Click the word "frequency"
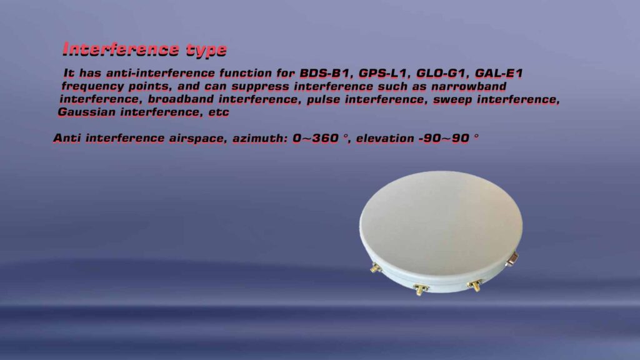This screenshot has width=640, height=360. (x=89, y=87)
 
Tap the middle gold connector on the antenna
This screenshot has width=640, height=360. (x=420, y=288)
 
